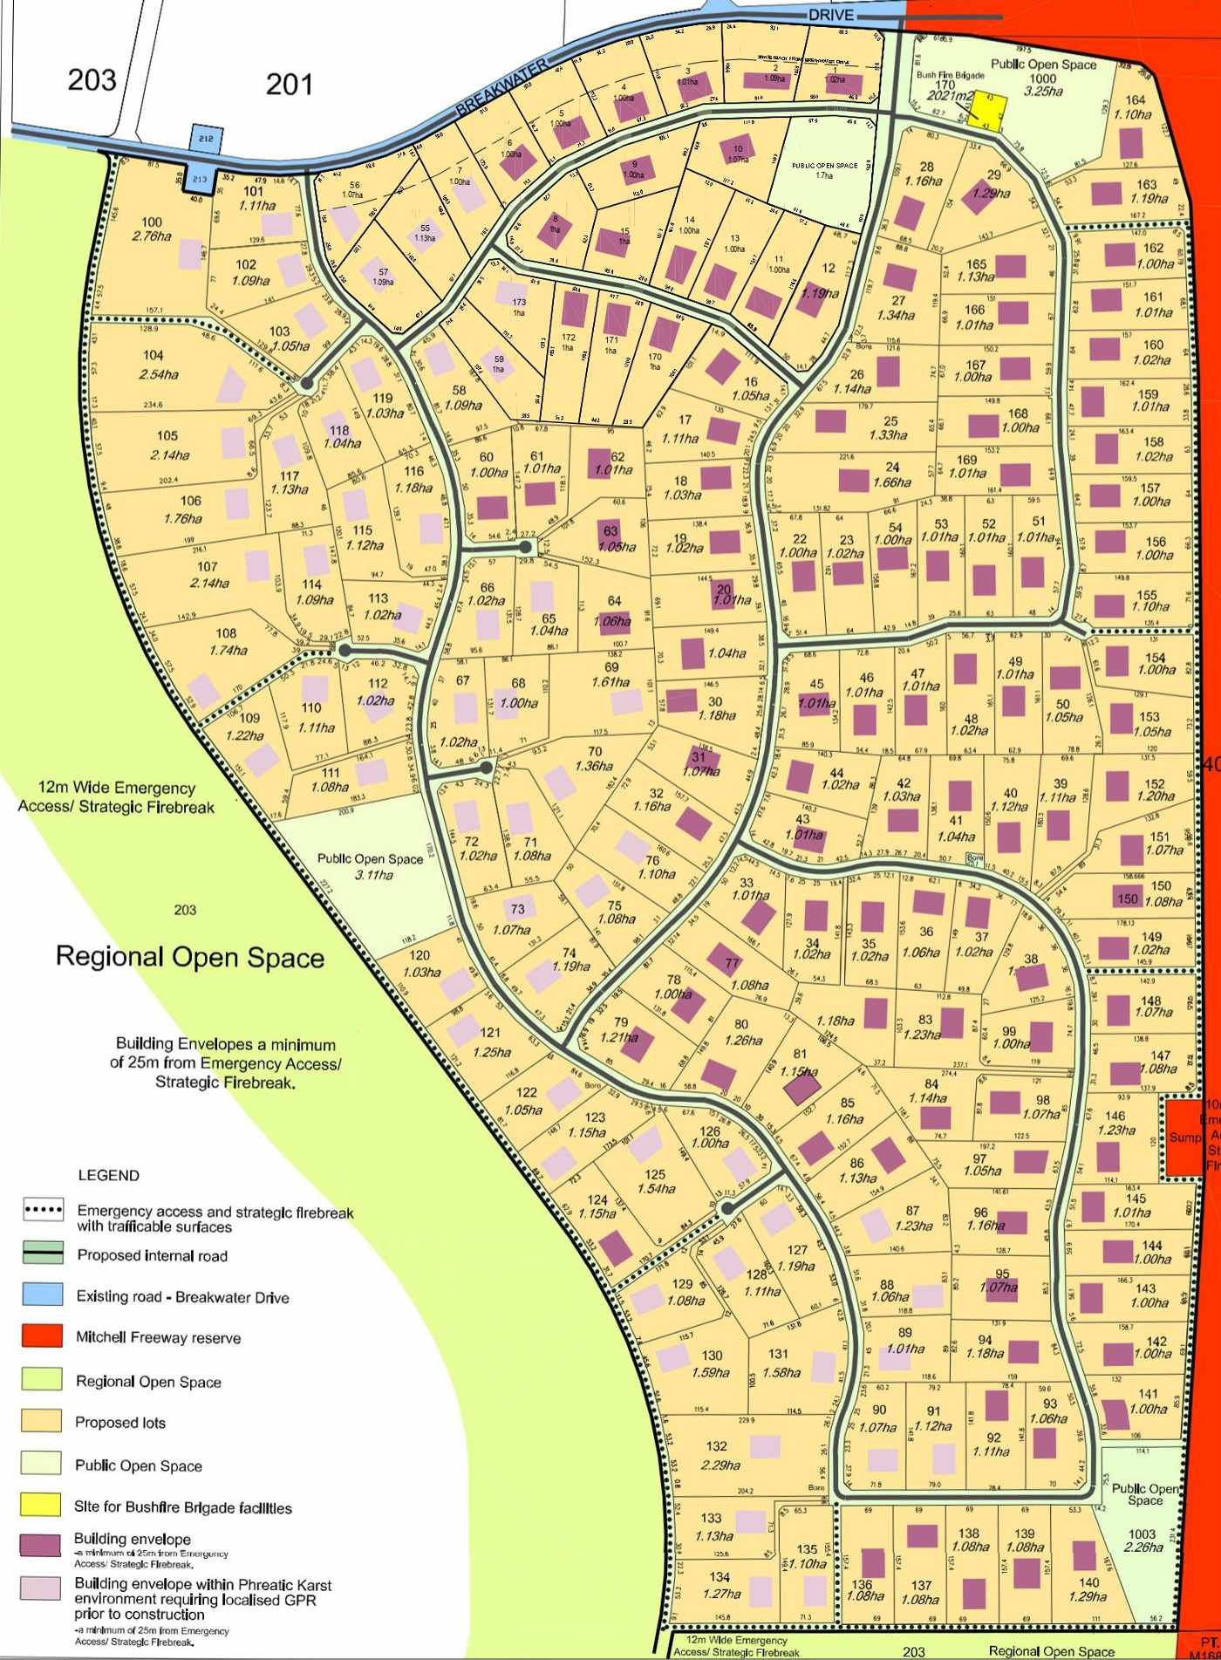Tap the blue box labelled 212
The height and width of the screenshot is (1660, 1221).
click(206, 138)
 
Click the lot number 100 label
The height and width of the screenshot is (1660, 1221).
click(152, 222)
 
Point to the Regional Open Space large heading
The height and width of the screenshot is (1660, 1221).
click(190, 957)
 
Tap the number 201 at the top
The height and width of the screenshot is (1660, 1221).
click(289, 85)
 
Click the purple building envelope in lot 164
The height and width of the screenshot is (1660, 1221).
click(1130, 142)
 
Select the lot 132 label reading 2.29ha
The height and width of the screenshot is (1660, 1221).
click(720, 1465)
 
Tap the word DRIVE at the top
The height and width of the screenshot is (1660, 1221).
click(831, 16)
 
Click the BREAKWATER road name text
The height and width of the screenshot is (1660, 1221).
click(501, 89)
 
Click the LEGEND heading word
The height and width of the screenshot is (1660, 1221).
click(108, 1175)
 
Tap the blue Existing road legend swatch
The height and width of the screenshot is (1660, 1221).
click(43, 1295)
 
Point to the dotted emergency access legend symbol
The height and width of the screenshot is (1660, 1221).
click(43, 1211)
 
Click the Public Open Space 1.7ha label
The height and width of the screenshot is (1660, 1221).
click(824, 170)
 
